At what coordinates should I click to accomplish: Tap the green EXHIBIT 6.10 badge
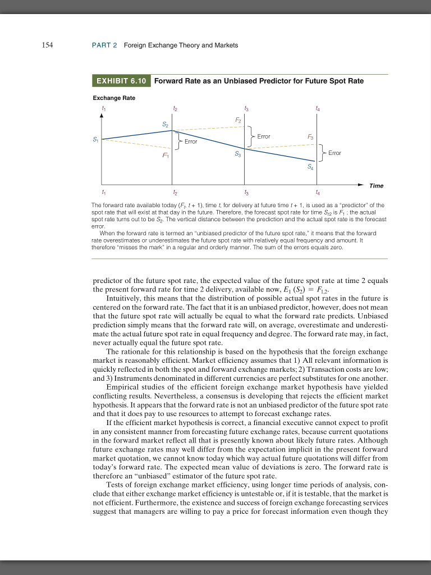point(121,81)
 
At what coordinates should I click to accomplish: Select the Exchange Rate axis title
point(114,98)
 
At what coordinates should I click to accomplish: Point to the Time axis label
point(375,185)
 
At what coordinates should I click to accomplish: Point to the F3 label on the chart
point(310,137)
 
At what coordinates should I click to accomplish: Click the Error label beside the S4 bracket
point(334,152)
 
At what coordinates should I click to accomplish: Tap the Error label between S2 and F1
point(191,142)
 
